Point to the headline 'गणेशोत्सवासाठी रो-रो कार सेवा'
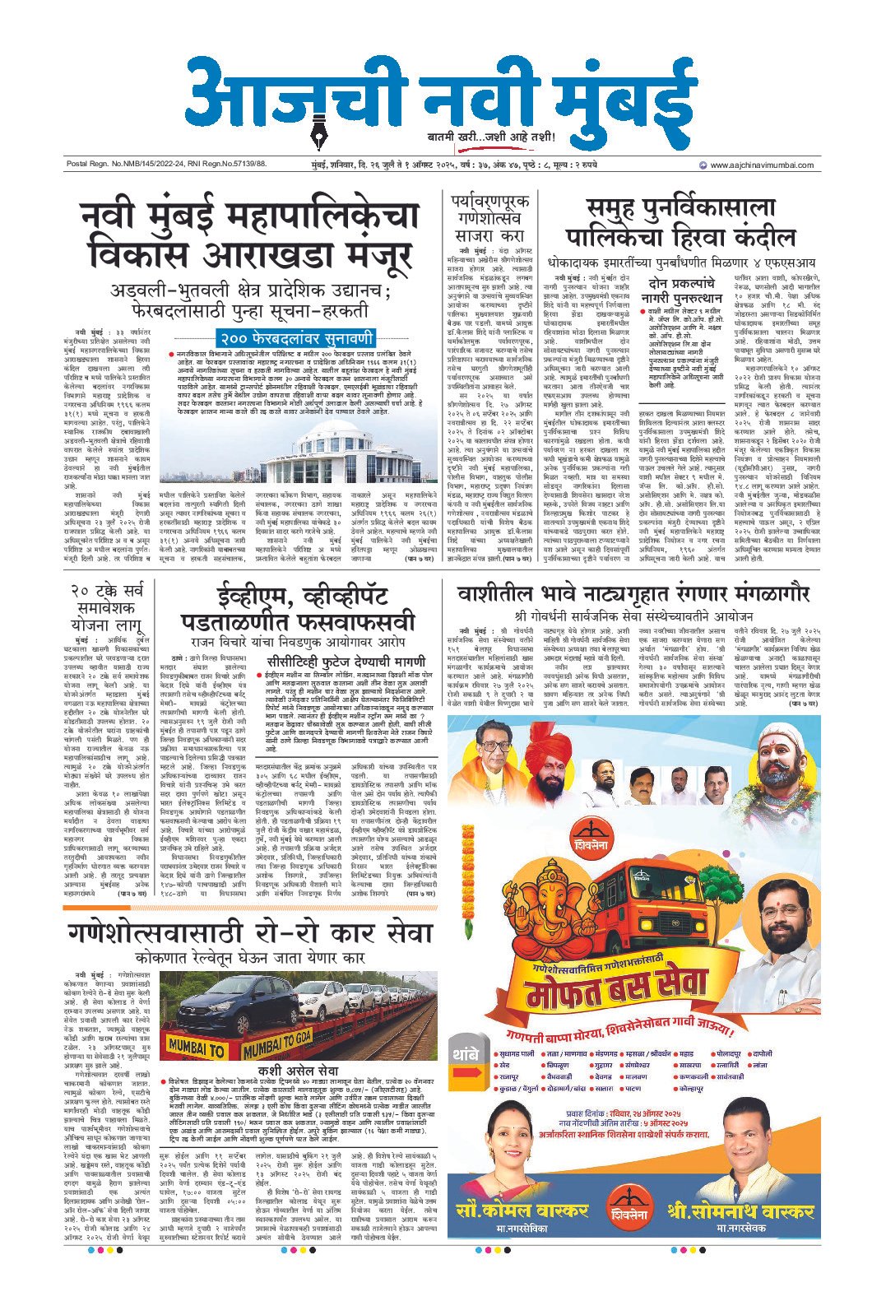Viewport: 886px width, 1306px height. point(251,934)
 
